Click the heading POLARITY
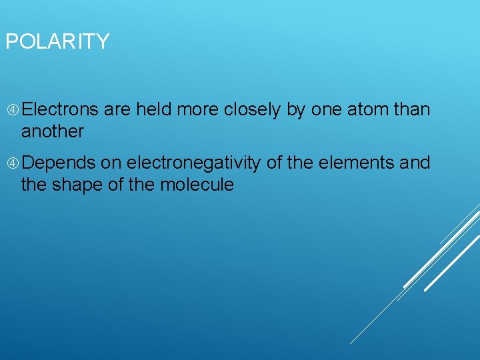point(57,42)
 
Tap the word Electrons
point(63,109)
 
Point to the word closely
point(252,109)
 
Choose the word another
point(53,131)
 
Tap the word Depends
point(62,163)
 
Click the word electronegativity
point(193,163)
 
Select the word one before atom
point(325,109)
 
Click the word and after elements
point(415,163)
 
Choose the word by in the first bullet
point(295,109)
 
